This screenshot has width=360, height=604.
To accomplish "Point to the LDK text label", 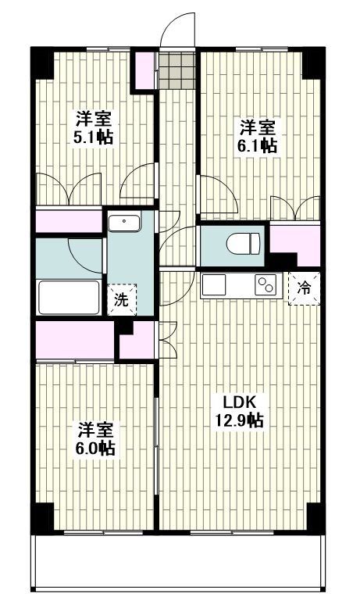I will pyautogui.click(x=241, y=403).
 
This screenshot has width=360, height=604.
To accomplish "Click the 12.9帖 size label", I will pyautogui.click(x=241, y=420).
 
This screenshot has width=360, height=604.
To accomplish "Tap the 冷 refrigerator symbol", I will pyautogui.click(x=305, y=288).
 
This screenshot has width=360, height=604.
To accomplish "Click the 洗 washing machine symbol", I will pyautogui.click(x=121, y=298).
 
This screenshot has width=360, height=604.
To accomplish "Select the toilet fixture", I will pyautogui.click(x=244, y=244).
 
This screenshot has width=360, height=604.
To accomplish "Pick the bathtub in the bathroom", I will pyautogui.click(x=70, y=298).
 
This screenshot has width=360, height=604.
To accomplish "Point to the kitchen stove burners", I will pyautogui.click(x=267, y=285).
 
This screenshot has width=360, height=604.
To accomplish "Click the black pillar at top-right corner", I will pyautogui.click(x=312, y=63).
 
